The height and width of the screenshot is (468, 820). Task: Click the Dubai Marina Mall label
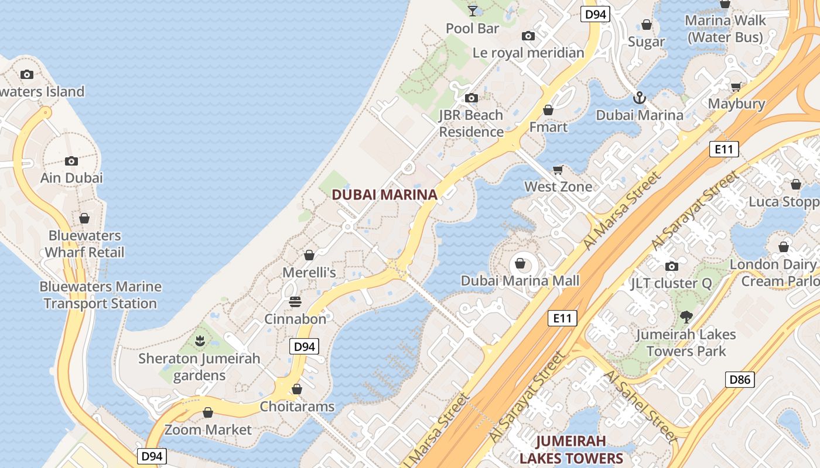click(520, 281)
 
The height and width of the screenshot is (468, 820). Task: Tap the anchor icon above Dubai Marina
click(639, 98)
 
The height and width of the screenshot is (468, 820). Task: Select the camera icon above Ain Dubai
click(71, 161)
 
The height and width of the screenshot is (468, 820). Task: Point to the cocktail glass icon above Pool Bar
click(473, 11)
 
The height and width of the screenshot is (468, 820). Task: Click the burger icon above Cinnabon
click(295, 302)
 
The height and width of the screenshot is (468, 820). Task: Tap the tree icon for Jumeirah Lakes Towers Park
click(686, 317)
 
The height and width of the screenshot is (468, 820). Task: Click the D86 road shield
click(740, 379)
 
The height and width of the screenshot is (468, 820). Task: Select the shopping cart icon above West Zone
click(558, 170)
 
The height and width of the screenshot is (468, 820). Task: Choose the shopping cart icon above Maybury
click(736, 87)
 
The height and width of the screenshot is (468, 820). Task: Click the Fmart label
click(548, 127)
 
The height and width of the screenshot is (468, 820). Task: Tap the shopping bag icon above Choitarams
click(297, 389)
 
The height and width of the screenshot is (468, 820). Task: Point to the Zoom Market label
click(208, 430)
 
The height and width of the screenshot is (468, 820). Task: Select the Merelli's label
click(309, 273)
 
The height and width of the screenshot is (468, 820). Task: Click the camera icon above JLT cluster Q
click(672, 267)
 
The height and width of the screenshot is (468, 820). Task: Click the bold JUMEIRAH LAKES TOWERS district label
click(571, 449)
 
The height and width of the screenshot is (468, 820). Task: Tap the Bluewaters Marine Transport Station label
click(100, 295)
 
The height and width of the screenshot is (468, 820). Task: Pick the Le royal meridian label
click(528, 53)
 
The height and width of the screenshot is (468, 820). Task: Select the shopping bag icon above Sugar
click(647, 25)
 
